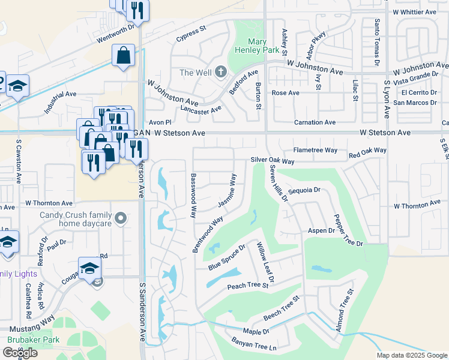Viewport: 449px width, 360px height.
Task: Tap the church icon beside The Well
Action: tap(220, 73)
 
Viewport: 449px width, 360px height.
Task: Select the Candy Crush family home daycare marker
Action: tap(121, 218)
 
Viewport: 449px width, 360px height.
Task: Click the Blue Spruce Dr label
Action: tap(227, 257)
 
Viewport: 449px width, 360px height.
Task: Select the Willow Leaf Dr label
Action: tap(265, 263)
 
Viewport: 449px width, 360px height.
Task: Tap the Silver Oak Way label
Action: tap(273, 161)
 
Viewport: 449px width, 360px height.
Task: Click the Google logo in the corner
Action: tap(20, 353)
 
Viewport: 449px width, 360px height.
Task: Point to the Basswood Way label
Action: tap(193, 196)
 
